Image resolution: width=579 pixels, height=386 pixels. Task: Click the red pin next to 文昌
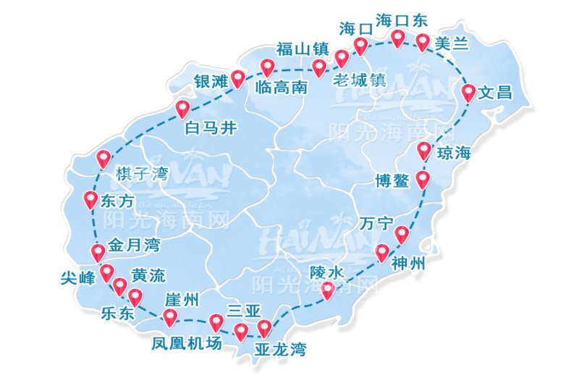[x=468, y=92]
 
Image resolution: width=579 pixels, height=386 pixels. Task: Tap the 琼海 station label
[x=455, y=153]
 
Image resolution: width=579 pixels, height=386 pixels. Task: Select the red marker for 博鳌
[x=423, y=179]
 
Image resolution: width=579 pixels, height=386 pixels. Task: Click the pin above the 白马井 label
[x=183, y=109]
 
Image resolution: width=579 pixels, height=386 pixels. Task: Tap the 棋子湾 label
[x=142, y=174]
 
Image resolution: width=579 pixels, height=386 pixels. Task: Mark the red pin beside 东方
[x=90, y=199]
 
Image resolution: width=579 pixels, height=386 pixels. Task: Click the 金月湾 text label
[x=134, y=246]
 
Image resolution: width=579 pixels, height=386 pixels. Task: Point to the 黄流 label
[x=148, y=276]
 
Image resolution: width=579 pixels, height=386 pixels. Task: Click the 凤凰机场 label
[x=186, y=343]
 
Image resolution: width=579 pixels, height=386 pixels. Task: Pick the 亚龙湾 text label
[x=281, y=351]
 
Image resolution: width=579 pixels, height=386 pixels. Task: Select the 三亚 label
[x=243, y=311]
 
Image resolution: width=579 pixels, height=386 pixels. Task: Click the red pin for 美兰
[x=423, y=42]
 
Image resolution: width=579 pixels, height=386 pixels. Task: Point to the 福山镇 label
[x=303, y=49]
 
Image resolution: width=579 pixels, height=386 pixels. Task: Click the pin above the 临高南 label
[x=268, y=68]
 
